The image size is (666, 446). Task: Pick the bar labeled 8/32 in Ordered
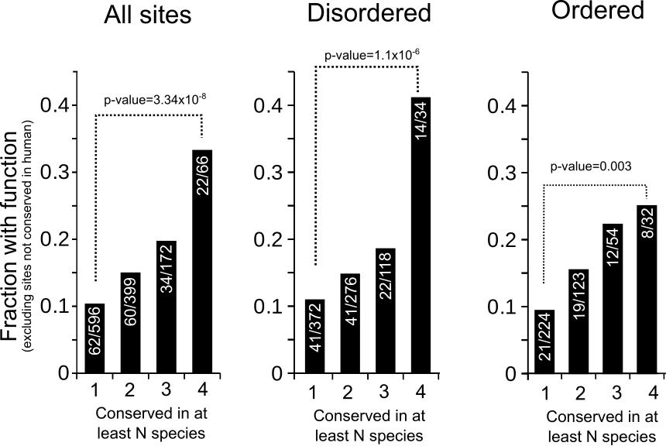tap(646, 289)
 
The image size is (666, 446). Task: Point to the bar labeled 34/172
tap(166, 307)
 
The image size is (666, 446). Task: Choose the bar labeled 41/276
tap(350, 323)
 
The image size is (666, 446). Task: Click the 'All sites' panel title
tap(148, 16)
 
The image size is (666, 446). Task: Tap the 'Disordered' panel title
tap(368, 14)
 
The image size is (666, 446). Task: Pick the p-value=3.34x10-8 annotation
tap(156, 99)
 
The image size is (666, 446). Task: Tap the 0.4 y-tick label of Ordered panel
tap(503, 105)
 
